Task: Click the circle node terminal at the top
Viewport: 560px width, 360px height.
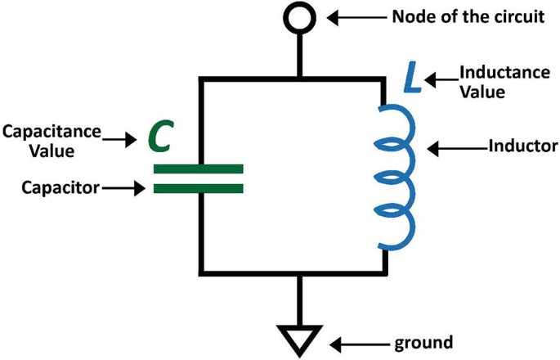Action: tap(300, 17)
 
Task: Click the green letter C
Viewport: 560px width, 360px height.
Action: tap(159, 138)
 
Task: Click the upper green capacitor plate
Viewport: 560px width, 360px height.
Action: tap(199, 169)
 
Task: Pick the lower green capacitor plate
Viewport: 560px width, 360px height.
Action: tap(199, 188)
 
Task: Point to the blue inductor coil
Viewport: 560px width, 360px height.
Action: tap(396, 176)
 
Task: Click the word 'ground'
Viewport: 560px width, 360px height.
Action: tap(423, 340)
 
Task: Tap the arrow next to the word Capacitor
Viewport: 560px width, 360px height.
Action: tap(122, 188)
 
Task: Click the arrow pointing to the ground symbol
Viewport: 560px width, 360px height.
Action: tap(357, 340)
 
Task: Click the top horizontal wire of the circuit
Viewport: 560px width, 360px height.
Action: tap(245, 78)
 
